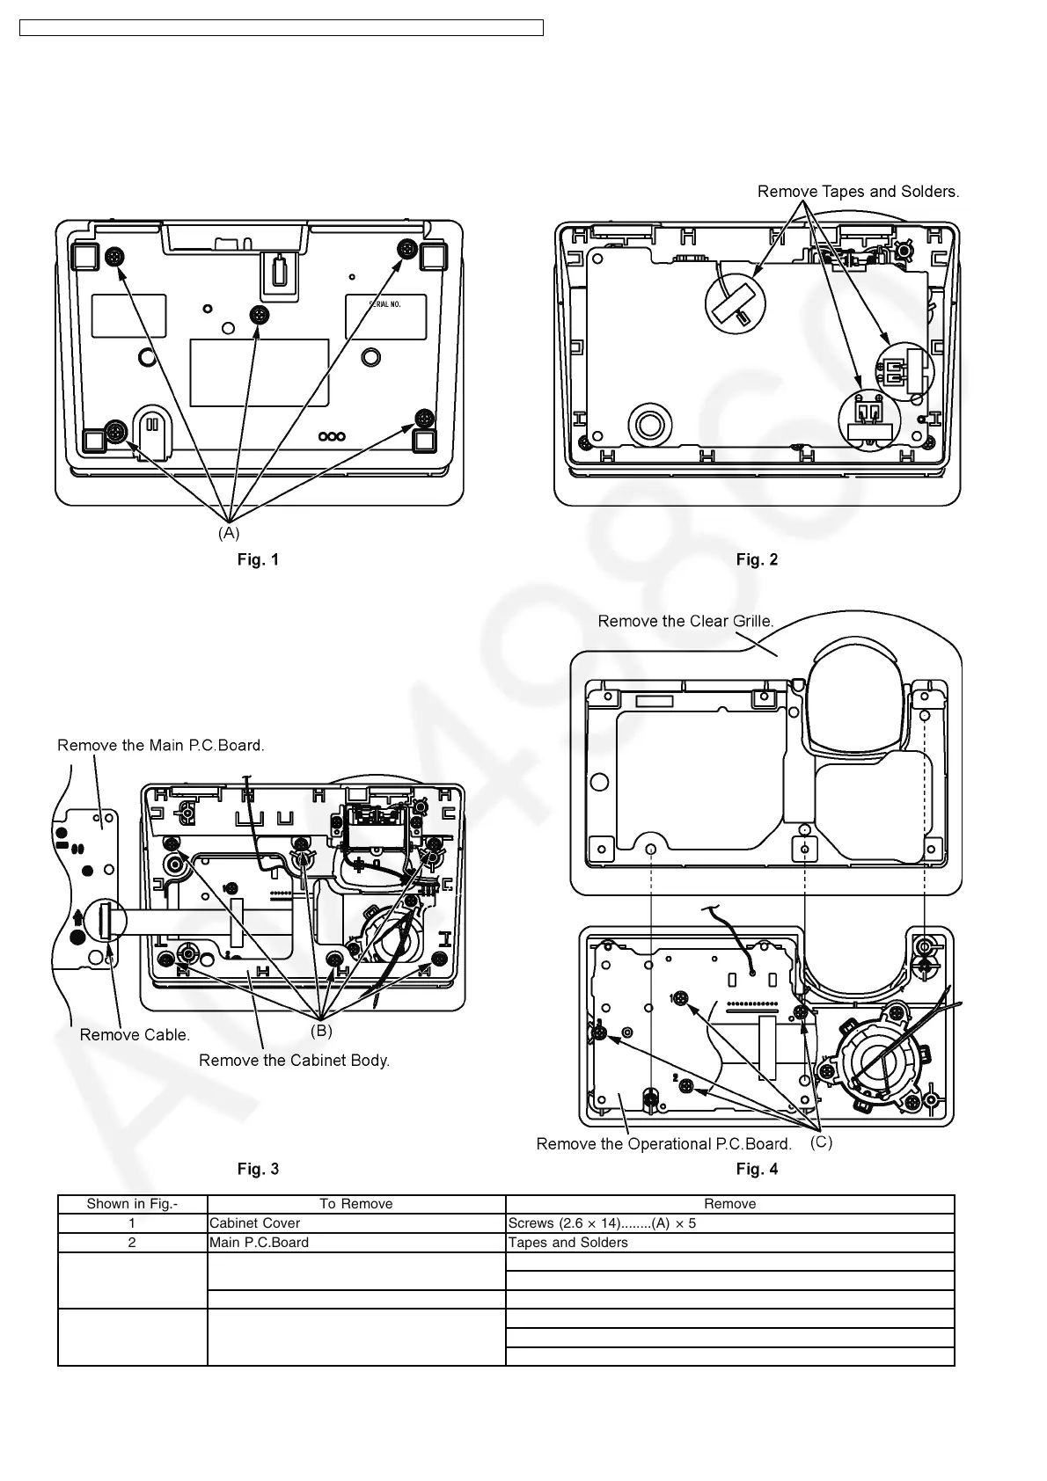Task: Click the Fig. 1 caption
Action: click(258, 559)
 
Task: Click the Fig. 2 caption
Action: click(757, 559)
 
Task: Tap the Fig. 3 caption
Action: click(258, 1169)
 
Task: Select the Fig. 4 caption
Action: click(757, 1169)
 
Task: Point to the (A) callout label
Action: click(228, 533)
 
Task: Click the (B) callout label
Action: click(321, 1030)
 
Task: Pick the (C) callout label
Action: click(821, 1142)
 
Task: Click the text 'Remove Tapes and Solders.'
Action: click(858, 191)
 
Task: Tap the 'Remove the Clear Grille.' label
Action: click(685, 621)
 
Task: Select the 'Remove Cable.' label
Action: click(135, 1034)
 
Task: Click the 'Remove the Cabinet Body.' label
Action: click(294, 1060)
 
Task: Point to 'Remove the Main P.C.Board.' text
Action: click(160, 745)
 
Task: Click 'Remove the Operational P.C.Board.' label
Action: click(663, 1143)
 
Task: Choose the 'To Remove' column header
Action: click(355, 1204)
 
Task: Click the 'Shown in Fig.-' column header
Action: click(132, 1204)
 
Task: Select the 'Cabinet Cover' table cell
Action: click(254, 1223)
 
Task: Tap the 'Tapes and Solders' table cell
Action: click(567, 1243)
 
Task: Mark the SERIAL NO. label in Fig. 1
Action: click(384, 304)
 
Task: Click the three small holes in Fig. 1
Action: click(332, 436)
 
